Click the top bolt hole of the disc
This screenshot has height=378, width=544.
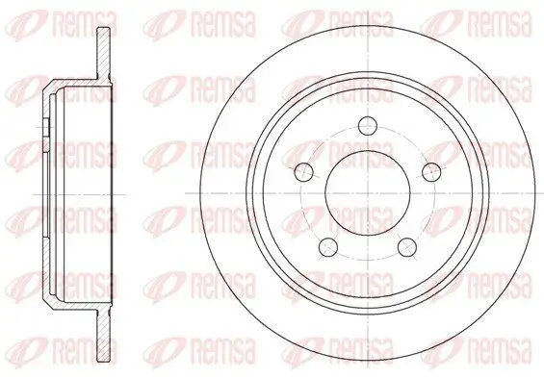(x=368, y=125)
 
